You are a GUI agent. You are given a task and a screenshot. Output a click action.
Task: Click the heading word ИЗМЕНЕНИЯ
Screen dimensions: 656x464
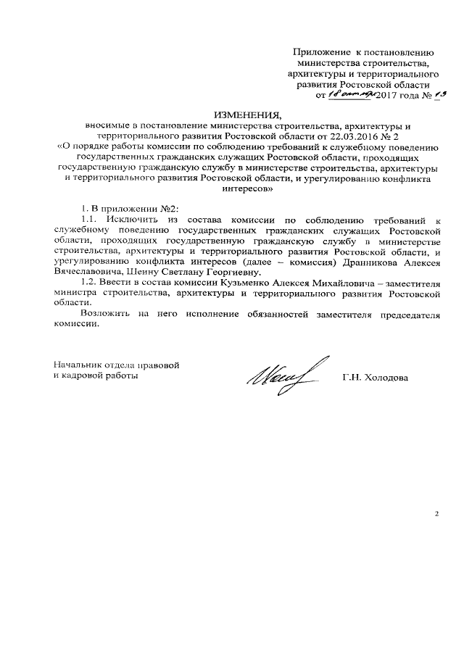(x=246, y=115)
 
